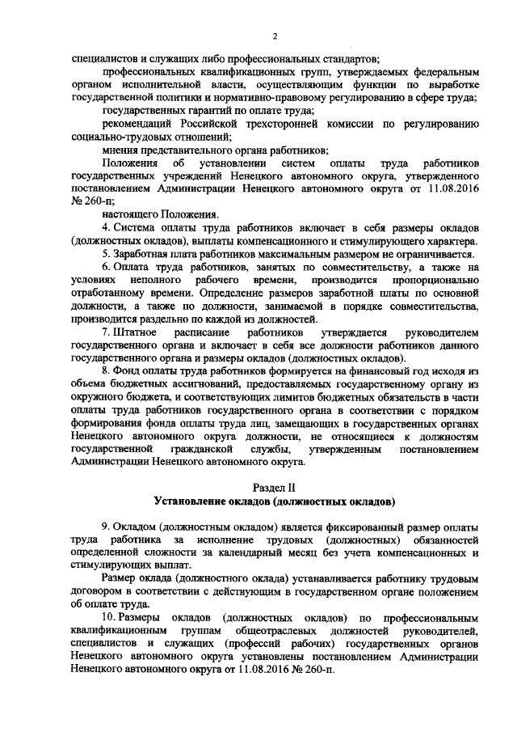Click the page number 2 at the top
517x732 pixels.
[x=275, y=36]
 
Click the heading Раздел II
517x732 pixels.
[x=275, y=488]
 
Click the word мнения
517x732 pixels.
[x=120, y=150]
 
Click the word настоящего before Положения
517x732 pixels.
[x=132, y=214]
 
